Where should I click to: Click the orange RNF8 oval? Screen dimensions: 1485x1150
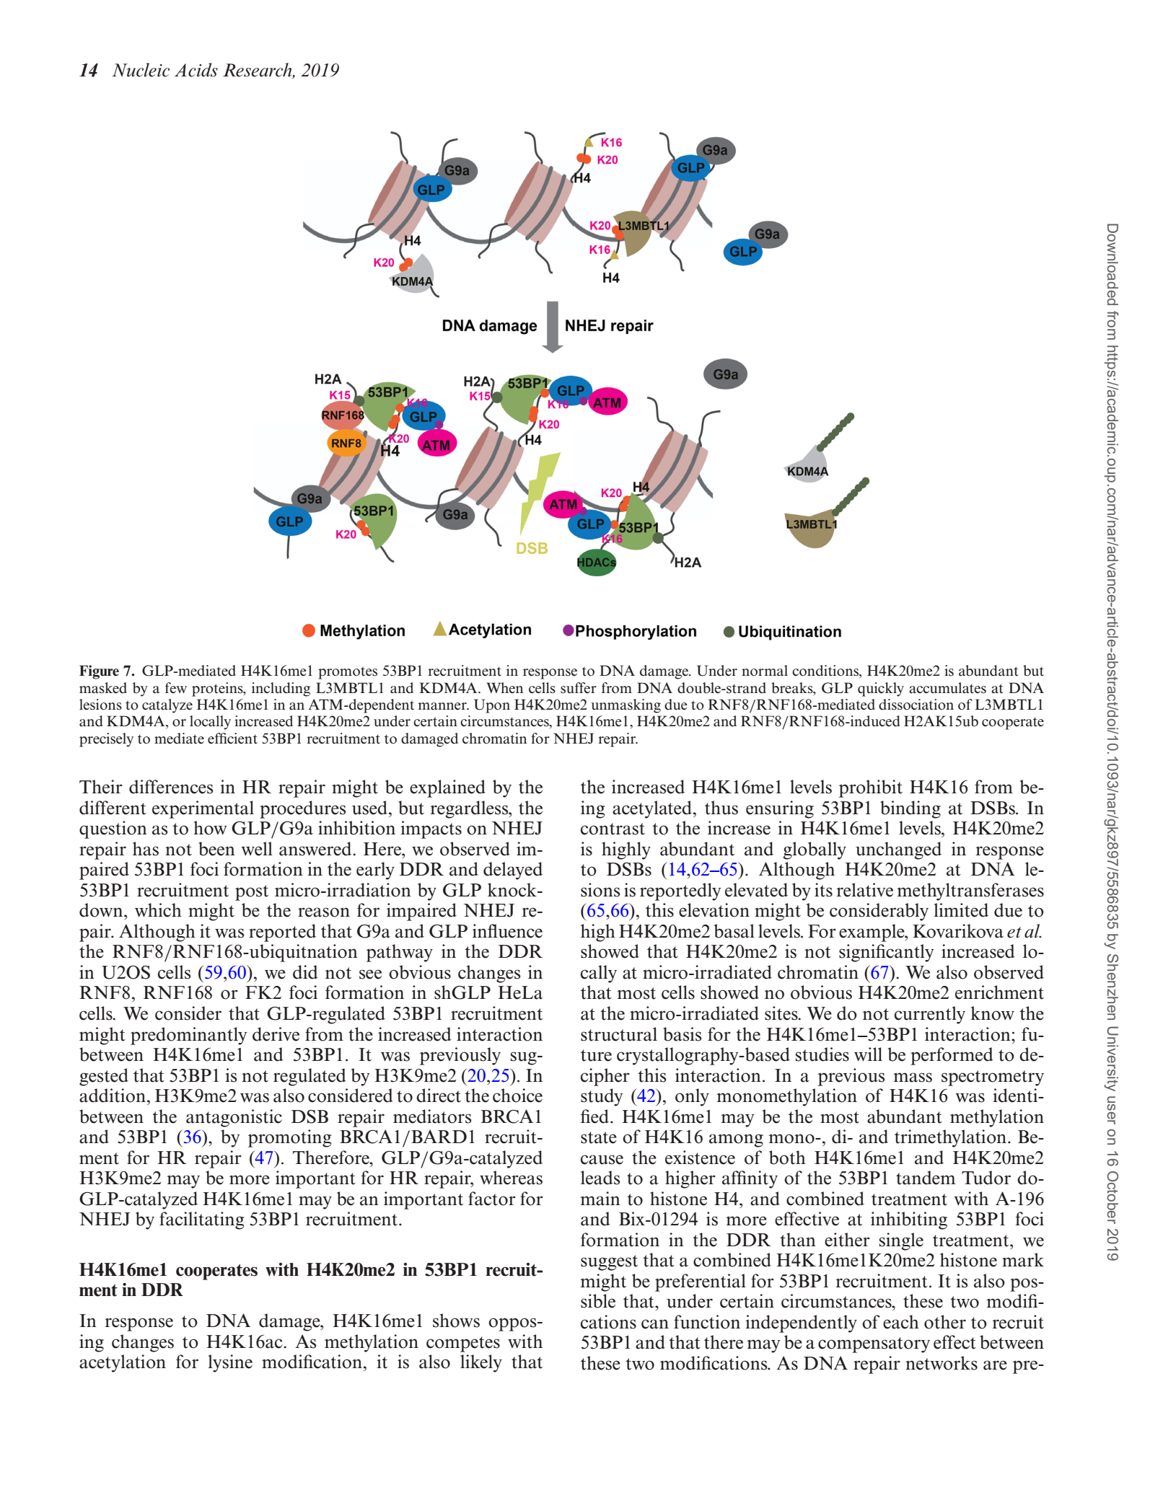click(346, 443)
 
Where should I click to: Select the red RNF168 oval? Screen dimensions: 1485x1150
click(343, 415)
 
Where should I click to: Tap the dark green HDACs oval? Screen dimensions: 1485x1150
click(597, 563)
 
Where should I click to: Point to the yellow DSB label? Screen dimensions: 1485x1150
click(532, 549)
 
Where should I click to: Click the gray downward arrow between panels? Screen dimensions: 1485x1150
click(552, 326)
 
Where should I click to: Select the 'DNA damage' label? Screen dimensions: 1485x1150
click(489, 326)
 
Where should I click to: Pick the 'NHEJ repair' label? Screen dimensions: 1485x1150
click(609, 326)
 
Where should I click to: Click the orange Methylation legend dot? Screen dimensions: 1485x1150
click(309, 630)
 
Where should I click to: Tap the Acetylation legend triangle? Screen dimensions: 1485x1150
click(439, 629)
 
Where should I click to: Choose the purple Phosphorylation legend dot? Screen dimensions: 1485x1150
click(568, 630)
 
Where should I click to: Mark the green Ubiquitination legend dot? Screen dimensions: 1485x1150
click(729, 632)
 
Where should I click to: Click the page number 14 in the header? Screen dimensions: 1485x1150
click(88, 70)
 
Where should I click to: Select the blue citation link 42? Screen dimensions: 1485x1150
click(644, 1096)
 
